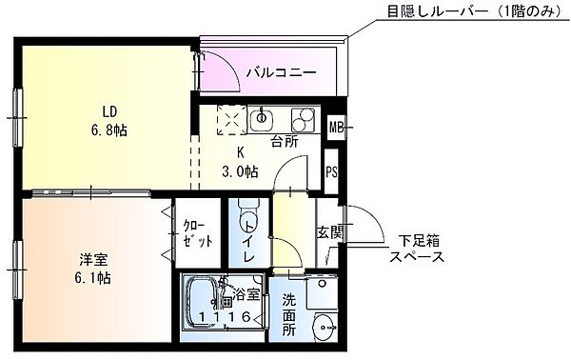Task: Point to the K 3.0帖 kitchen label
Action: coord(240,163)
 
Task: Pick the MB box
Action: coord(335,127)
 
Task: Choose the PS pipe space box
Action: coord(331,172)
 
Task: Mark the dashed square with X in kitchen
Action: coord(231,119)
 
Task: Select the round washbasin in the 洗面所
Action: coord(326,324)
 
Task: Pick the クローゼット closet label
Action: coord(198,232)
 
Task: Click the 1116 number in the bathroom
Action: coord(225,317)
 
